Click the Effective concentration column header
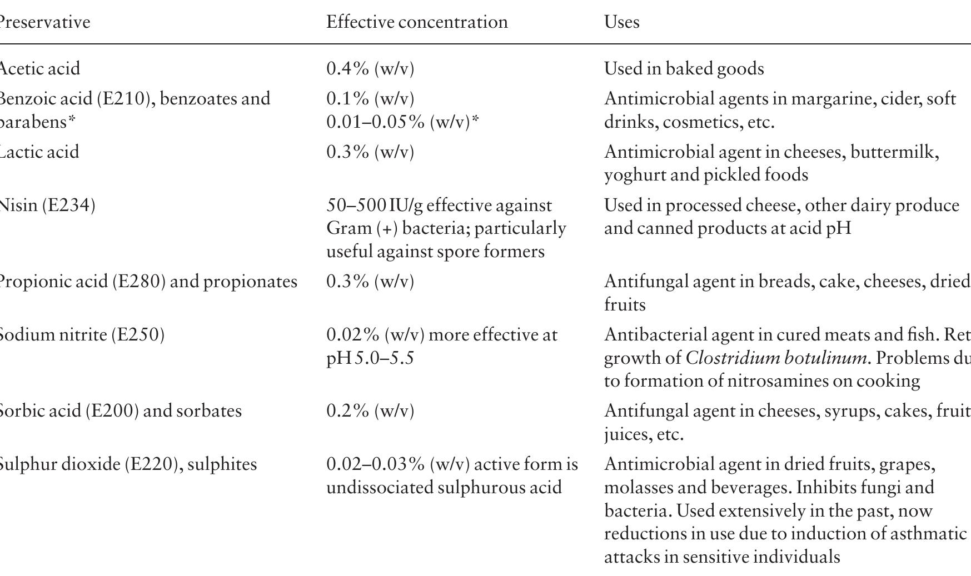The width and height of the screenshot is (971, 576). (417, 22)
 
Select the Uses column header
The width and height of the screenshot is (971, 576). (621, 22)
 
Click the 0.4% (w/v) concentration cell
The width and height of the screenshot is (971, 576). (370, 68)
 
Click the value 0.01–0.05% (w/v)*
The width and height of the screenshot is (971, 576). (402, 122)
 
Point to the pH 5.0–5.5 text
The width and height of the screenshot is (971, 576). (370, 358)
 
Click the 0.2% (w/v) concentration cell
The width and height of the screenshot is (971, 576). (370, 411)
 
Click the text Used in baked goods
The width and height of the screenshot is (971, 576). (684, 68)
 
